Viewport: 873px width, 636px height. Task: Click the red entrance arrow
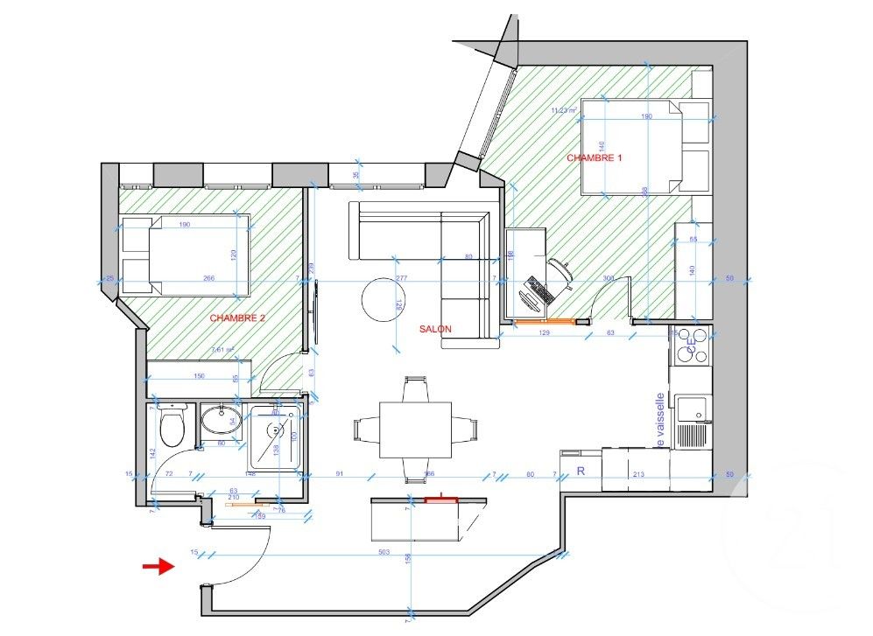(x=158, y=567)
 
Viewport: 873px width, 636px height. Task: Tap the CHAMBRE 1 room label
(x=594, y=158)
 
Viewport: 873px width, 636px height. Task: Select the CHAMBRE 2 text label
(x=237, y=319)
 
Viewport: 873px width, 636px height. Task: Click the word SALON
(x=435, y=329)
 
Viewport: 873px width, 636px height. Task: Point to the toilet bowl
(x=173, y=427)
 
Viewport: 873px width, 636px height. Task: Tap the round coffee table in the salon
(x=382, y=299)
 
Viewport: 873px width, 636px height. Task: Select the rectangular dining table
(x=415, y=430)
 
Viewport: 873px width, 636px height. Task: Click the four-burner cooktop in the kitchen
(x=692, y=346)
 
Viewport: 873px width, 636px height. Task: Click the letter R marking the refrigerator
(x=579, y=470)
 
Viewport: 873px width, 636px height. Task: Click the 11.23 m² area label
(x=564, y=110)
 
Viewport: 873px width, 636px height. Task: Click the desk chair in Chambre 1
(x=560, y=272)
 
